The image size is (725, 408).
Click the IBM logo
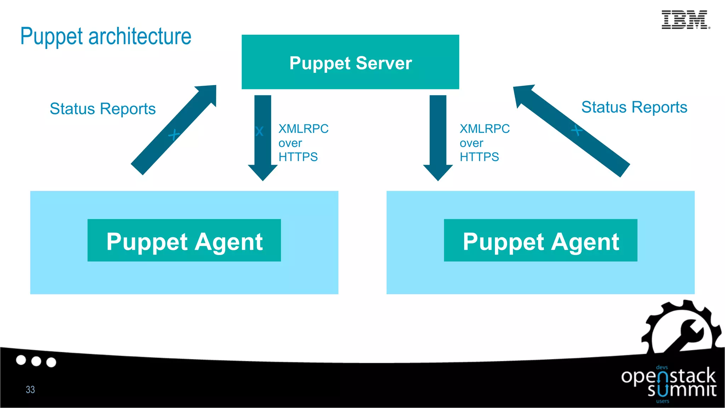point(685,20)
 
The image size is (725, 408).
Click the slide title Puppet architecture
point(105,36)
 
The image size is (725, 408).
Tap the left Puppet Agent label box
point(184,240)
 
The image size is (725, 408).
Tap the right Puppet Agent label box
point(540,240)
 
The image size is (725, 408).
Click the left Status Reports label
point(103,109)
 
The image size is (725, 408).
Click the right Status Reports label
point(634,107)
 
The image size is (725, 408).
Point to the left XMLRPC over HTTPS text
point(303,143)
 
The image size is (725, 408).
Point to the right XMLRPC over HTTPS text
point(484,143)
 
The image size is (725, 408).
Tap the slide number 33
point(30,390)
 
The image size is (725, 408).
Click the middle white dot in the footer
point(36,361)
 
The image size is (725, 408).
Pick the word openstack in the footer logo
point(668,376)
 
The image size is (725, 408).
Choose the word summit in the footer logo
point(682,390)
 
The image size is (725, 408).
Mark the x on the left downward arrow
point(259,131)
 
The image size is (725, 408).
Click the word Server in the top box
point(383,63)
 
